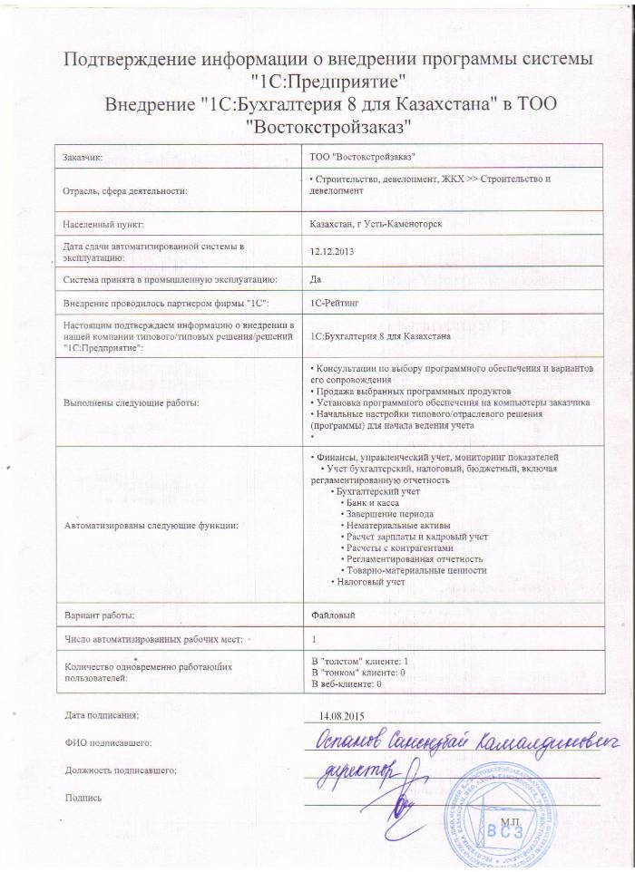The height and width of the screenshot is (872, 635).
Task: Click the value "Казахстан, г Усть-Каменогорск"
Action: pyautogui.click(x=376, y=223)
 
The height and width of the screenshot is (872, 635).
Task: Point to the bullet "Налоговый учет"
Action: pyautogui.click(x=370, y=581)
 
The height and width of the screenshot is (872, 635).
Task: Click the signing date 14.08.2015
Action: pyautogui.click(x=340, y=716)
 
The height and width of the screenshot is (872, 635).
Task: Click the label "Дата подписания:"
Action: pyautogui.click(x=101, y=716)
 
